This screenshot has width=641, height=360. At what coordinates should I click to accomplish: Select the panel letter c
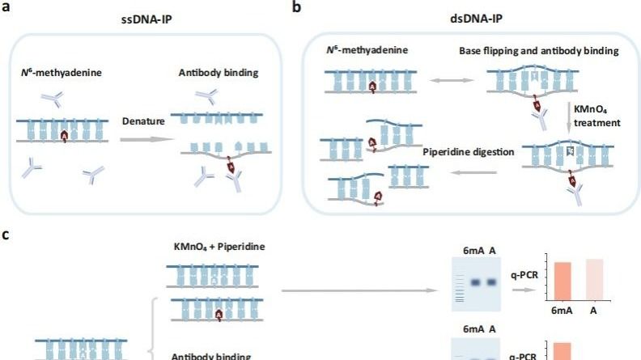(6, 236)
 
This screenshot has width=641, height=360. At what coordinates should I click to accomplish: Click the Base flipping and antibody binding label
(538, 51)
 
